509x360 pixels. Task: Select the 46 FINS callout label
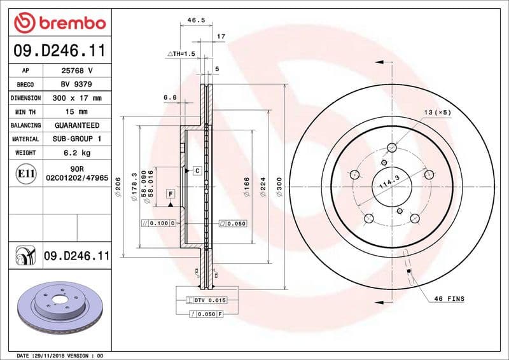point(449,299)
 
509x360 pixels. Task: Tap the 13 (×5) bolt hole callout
point(437,112)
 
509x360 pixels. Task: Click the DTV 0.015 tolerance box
point(206,300)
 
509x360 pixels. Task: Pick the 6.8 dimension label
point(170,97)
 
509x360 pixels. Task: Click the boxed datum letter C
point(197,171)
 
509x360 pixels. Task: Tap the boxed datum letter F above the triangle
point(171,193)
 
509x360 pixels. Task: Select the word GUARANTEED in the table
point(76,126)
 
